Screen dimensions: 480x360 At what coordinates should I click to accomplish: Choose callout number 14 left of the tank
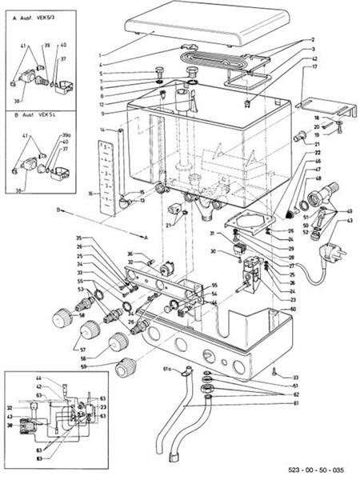(x=102, y=130)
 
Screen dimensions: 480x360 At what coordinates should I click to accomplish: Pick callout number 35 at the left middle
(x=79, y=238)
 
